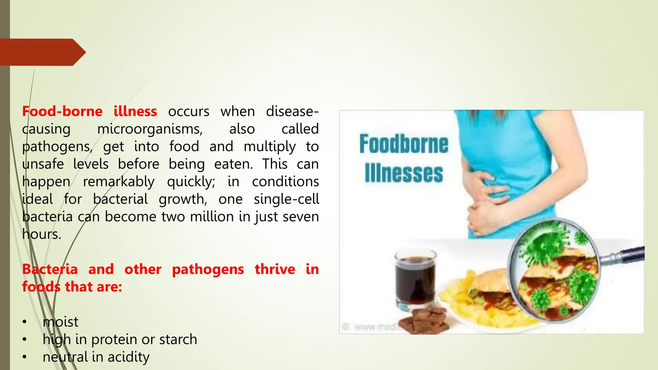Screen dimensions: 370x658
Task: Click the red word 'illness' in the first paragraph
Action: [135, 111]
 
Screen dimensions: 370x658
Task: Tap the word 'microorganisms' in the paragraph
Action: [150, 129]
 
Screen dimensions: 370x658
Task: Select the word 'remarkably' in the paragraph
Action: [119, 182]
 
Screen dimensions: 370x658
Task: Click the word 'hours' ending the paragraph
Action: [41, 234]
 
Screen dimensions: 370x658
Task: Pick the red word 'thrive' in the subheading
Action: [275, 269]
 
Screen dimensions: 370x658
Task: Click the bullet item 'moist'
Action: [60, 322]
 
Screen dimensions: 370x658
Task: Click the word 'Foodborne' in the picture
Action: [404, 144]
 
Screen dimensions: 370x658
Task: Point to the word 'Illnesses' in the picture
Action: [404, 173]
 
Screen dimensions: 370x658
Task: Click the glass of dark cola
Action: [415, 279]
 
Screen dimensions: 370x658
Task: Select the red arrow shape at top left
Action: [42, 52]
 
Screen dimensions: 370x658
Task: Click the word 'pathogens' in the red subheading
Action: [208, 269]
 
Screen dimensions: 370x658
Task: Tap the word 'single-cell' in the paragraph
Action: [286, 199]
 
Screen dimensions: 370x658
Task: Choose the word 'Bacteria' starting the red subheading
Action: [50, 269]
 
